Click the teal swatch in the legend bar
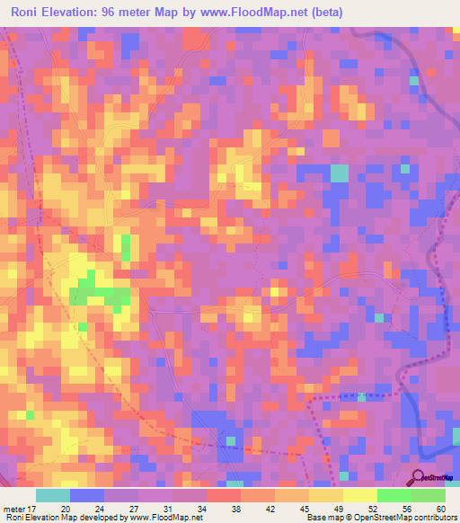pyautogui.click(x=52, y=495)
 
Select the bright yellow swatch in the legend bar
pyautogui.click(x=359, y=495)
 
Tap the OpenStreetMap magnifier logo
pyautogui.click(x=418, y=477)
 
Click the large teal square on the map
pyautogui.click(x=339, y=173)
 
